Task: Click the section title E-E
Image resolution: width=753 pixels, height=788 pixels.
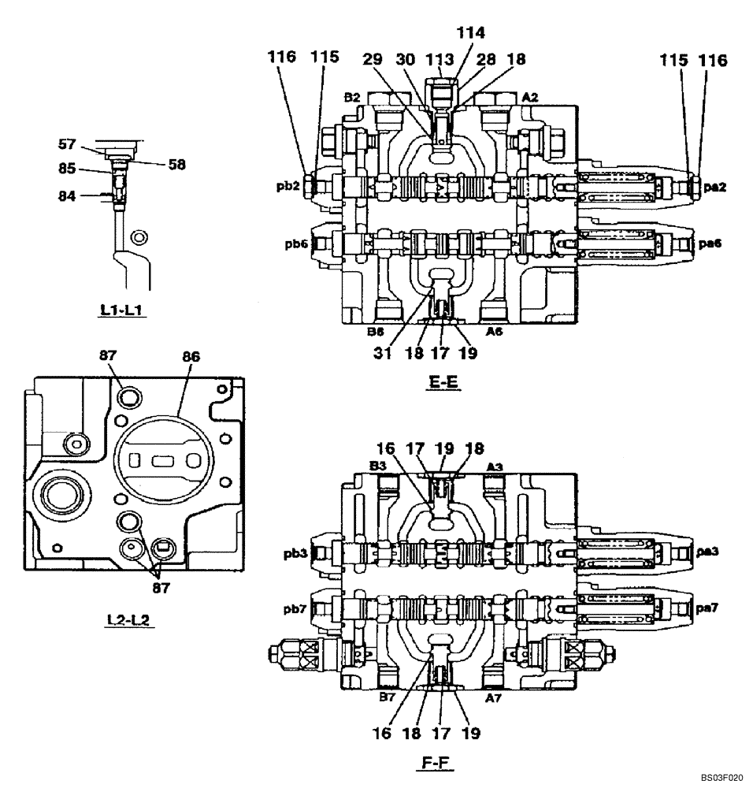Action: pos(445,385)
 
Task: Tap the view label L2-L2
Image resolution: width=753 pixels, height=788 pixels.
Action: pos(130,622)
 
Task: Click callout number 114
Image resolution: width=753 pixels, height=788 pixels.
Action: pos(470,33)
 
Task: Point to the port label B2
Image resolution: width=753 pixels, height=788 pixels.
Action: pos(351,98)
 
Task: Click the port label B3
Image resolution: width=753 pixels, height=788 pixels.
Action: pos(377,466)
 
